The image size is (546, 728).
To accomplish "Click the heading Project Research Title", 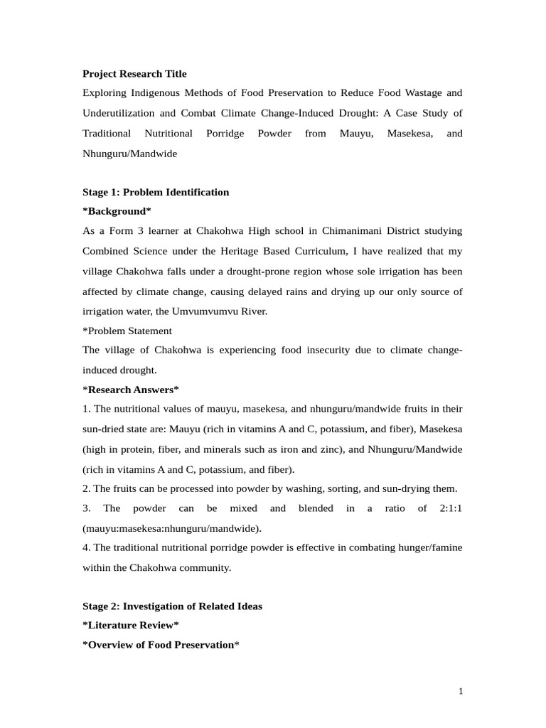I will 134,74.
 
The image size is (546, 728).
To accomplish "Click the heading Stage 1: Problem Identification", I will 156,192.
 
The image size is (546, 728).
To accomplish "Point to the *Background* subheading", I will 117,212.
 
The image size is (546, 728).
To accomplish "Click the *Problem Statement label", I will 127,331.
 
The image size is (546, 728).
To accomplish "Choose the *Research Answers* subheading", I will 131,390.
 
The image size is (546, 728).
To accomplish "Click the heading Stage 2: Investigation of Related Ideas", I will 172,606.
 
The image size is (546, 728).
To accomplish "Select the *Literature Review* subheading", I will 131,626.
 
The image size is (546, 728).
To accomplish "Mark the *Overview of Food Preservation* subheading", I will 161,645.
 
